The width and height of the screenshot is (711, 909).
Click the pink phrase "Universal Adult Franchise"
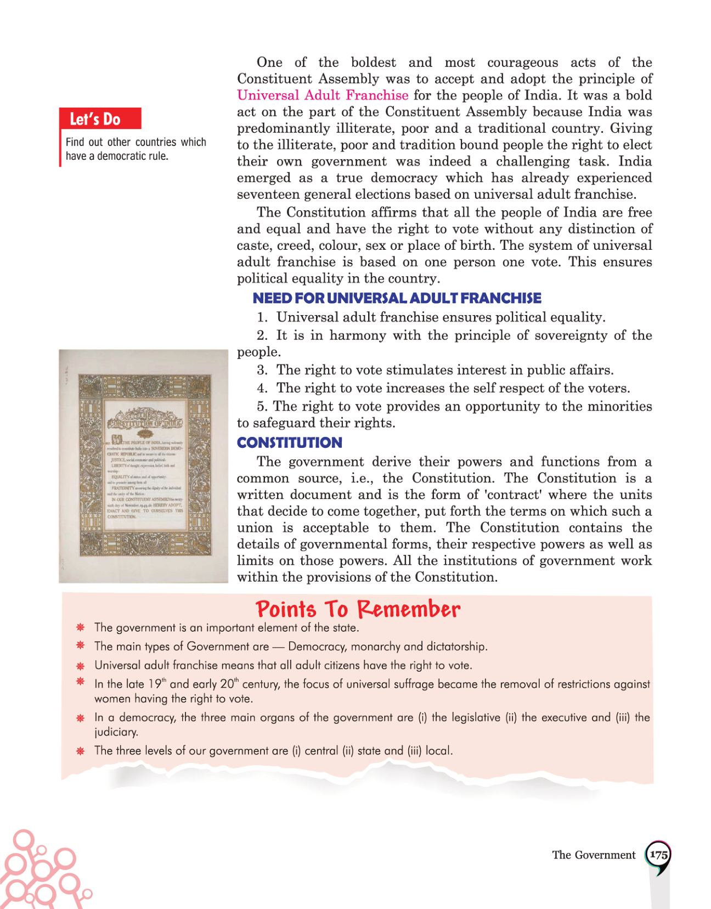[323, 96]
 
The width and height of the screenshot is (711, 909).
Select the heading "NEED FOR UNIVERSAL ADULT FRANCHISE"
[397, 298]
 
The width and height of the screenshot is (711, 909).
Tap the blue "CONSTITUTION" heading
[289, 442]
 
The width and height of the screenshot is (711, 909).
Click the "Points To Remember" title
[358, 609]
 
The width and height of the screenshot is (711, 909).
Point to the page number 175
[658, 855]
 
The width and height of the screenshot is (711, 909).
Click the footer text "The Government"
[594, 855]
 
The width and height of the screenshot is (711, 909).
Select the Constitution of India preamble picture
[144, 465]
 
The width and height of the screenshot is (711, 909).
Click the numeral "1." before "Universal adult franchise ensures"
[262, 317]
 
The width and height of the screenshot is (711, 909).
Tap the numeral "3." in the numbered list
[262, 371]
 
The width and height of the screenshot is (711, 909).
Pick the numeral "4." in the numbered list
[262, 389]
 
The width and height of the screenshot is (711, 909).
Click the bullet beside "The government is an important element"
[81, 627]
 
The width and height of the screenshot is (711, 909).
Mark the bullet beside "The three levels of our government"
[81, 751]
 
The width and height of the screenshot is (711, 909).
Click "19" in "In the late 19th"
[155, 684]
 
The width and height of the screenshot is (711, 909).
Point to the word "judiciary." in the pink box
[116, 732]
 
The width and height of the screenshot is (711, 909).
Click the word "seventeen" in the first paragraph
[267, 194]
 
